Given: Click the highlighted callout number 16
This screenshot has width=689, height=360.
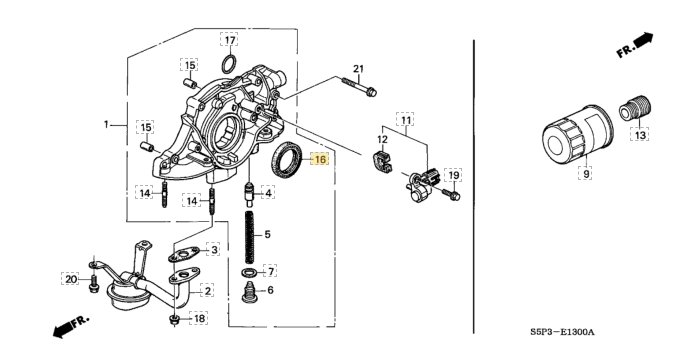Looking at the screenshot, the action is coord(321,159).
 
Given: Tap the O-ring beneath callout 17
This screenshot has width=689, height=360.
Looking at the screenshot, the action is coord(229,65).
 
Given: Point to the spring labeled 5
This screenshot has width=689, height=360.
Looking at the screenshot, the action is coord(250,237).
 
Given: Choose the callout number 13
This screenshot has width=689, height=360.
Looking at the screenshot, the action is coord(640,135).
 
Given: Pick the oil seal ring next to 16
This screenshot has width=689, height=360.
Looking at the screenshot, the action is coord(286,159).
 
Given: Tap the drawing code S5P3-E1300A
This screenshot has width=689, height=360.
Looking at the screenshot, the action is coord(562,332).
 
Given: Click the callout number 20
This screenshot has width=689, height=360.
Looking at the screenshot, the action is coord(71,279).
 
